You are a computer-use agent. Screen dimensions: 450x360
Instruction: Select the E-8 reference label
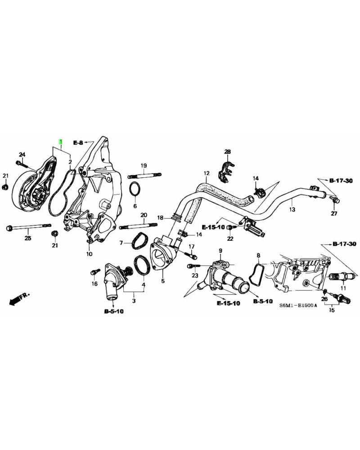pyautogui.click(x=78, y=142)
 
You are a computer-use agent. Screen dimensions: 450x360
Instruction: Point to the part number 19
pyautogui.click(x=144, y=166)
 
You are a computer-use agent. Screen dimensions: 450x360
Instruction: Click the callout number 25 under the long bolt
pyautogui.click(x=27, y=237)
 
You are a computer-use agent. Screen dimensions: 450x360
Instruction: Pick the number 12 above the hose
pyautogui.click(x=207, y=173)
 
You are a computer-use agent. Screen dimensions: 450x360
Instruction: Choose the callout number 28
pyautogui.click(x=227, y=152)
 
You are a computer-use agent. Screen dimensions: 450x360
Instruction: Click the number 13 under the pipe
pyautogui.click(x=292, y=210)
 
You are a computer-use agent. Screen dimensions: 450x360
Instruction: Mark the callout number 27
pyautogui.click(x=334, y=214)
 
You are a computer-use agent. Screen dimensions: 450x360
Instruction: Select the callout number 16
pyautogui.click(x=94, y=283)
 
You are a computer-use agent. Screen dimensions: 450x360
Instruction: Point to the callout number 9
pyautogui.click(x=221, y=251)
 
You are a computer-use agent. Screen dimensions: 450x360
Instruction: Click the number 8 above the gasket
pyautogui.click(x=258, y=256)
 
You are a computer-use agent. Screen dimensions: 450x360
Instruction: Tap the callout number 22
pyautogui.click(x=230, y=238)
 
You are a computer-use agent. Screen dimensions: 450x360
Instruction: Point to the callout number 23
pyautogui.click(x=195, y=275)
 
